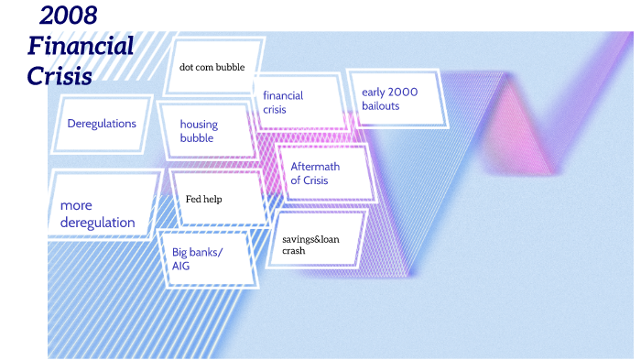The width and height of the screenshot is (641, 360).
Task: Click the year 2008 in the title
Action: pos(69,16)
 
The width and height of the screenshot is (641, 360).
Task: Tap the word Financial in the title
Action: pos(81,46)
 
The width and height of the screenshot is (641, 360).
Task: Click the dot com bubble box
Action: pos(212,66)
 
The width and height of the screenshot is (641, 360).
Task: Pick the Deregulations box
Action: pos(102,124)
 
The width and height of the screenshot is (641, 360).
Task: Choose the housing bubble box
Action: pos(204,131)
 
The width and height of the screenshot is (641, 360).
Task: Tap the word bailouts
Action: pos(381,106)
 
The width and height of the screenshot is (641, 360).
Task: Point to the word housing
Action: pos(199,125)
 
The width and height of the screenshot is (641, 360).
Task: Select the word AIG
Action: pos(181,266)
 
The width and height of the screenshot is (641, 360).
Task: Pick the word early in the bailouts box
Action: pos(375,93)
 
